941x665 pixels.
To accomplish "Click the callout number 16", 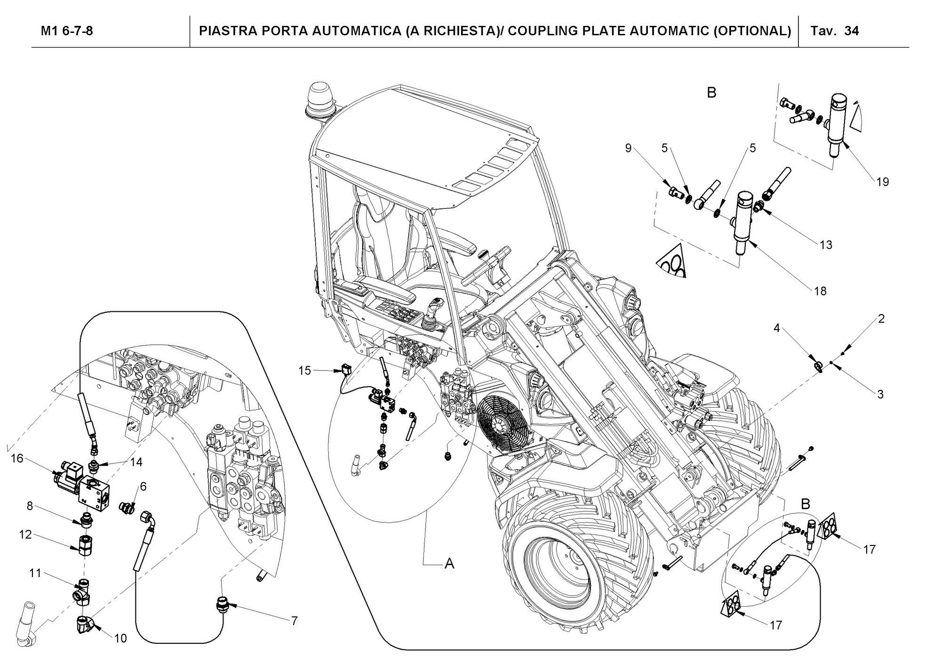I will tap(17, 458).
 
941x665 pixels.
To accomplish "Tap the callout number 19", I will tap(883, 182).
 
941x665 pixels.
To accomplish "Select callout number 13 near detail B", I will tap(826, 245).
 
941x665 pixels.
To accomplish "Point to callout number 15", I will tap(305, 371).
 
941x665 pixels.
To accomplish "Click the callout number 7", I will tap(295, 621).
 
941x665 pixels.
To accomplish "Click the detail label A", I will tap(450, 563).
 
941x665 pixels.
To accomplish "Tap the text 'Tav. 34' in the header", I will tap(835, 31).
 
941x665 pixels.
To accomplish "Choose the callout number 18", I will tap(820, 291).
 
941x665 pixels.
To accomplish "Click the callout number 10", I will tap(120, 638).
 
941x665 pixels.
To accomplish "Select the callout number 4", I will tap(777, 328).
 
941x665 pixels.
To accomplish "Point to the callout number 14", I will tap(136, 462).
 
